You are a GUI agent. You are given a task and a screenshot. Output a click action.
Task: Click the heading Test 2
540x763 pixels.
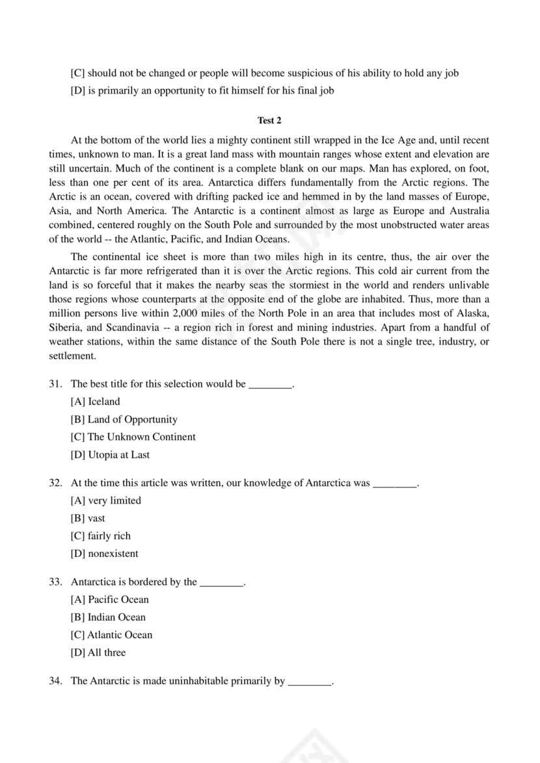coord(269,120)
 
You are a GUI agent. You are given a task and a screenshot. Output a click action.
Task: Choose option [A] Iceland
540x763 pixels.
coord(95,402)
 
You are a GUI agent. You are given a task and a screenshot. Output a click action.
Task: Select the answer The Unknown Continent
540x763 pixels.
coord(133,437)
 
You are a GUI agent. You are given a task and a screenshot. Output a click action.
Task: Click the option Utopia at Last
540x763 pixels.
coord(110,455)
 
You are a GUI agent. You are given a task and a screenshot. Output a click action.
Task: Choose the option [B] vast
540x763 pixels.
coord(88,519)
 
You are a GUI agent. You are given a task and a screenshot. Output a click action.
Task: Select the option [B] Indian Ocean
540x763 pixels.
coord(108,617)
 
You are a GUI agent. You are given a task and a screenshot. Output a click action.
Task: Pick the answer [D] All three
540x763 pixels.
coord(98,653)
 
